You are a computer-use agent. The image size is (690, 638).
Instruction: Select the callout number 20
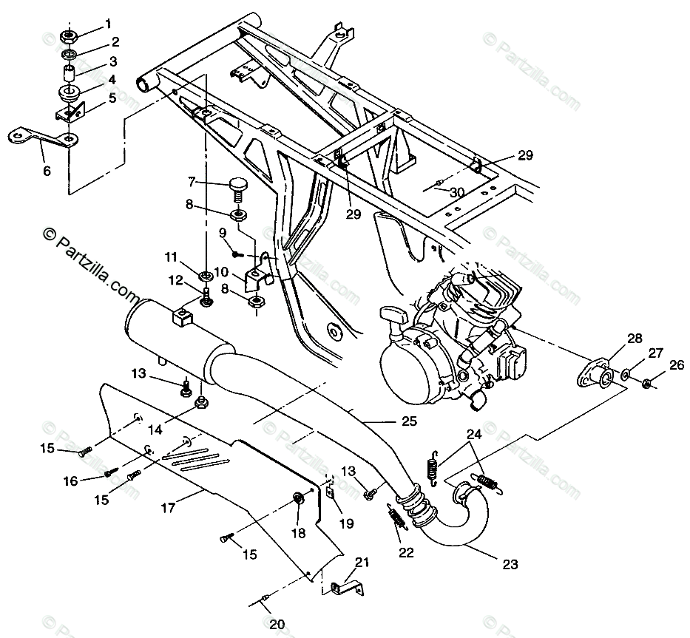coord(276,624)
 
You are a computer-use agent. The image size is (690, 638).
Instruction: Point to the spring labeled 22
coord(396,516)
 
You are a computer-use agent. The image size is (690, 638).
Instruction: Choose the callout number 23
coord(510,565)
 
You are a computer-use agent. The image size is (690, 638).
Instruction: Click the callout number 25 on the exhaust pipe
coord(408,421)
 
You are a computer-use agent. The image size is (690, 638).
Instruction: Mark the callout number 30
coord(457,192)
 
